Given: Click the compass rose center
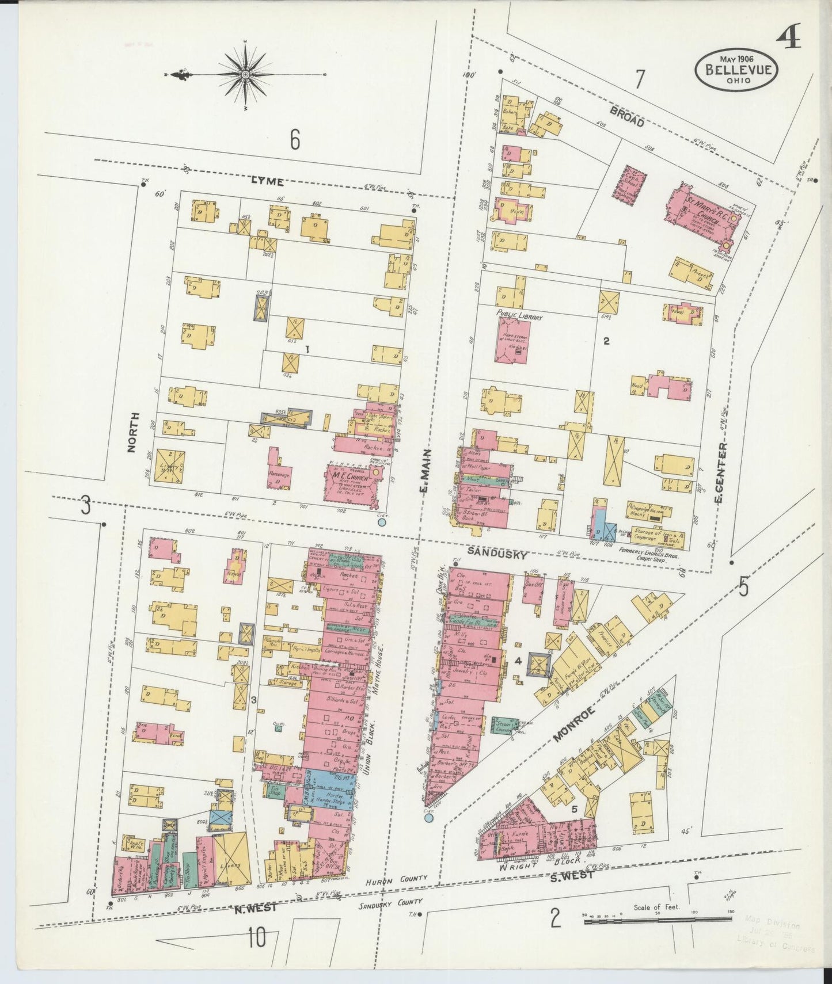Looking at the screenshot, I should point(246,75).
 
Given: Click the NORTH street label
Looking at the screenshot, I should point(133,433).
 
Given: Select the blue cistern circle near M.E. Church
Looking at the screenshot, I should point(381,523).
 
